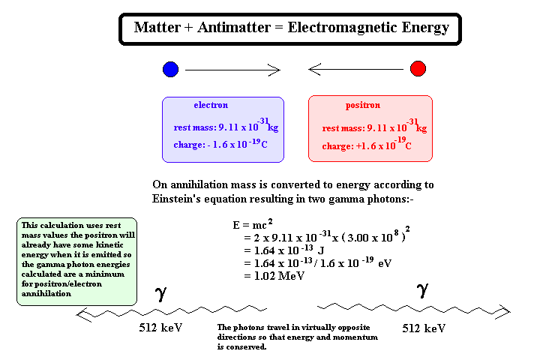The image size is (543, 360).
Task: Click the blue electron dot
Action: click(170, 69)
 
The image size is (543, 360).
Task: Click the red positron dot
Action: click(418, 68)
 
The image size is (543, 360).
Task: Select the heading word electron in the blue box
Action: click(211, 105)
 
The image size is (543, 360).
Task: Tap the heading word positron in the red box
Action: click(363, 106)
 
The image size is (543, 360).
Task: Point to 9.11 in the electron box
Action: click(228, 127)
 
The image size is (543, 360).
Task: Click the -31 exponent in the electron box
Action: click(263, 121)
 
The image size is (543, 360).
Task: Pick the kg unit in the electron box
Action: click(273, 127)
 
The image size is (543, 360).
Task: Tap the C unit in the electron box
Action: click(264, 145)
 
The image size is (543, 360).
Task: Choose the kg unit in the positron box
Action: click(421, 129)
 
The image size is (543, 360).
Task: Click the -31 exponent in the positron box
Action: click(412, 122)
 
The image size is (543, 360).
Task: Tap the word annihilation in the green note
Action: click(46, 293)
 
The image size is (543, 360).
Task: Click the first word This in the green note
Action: click(29, 225)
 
